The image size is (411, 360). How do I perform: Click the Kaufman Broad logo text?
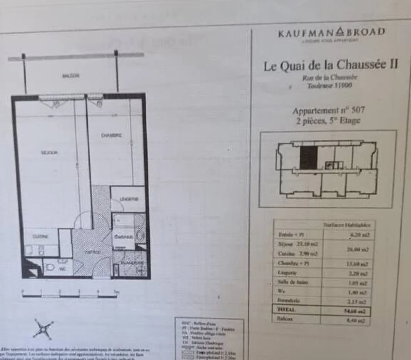tap(331, 33)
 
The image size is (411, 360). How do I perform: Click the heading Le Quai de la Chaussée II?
tap(331, 65)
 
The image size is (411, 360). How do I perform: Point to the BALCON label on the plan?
tap(71, 76)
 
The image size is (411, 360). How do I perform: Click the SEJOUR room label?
tap(49, 153)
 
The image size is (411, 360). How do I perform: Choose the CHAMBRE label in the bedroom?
tap(111, 136)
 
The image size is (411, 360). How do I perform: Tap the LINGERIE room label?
tap(129, 199)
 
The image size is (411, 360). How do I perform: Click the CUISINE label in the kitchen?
tap(40, 237)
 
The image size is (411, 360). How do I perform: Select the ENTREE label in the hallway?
tap(92, 252)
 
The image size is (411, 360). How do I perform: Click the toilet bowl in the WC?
tap(50, 267)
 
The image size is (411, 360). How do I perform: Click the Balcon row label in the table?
tap(285, 319)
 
